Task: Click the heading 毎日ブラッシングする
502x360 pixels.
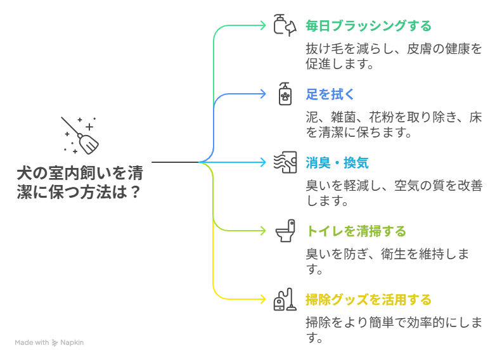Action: click(368, 26)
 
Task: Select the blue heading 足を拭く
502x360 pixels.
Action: click(330, 94)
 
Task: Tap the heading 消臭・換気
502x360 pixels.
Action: click(337, 163)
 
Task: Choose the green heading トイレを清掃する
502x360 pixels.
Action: click(356, 231)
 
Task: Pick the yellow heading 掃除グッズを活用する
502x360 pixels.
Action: click(368, 300)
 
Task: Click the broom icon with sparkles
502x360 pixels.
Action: click(80, 136)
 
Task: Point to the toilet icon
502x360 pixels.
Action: click(285, 231)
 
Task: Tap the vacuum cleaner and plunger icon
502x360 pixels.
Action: click(285, 299)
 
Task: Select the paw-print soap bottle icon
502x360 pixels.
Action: click(285, 94)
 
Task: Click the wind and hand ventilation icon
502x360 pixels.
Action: click(285, 162)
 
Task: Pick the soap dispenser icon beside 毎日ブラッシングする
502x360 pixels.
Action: click(285, 25)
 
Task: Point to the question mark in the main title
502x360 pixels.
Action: click(136, 192)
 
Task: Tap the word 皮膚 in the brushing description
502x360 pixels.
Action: click(419, 49)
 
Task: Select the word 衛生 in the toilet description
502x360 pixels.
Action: click(394, 254)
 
